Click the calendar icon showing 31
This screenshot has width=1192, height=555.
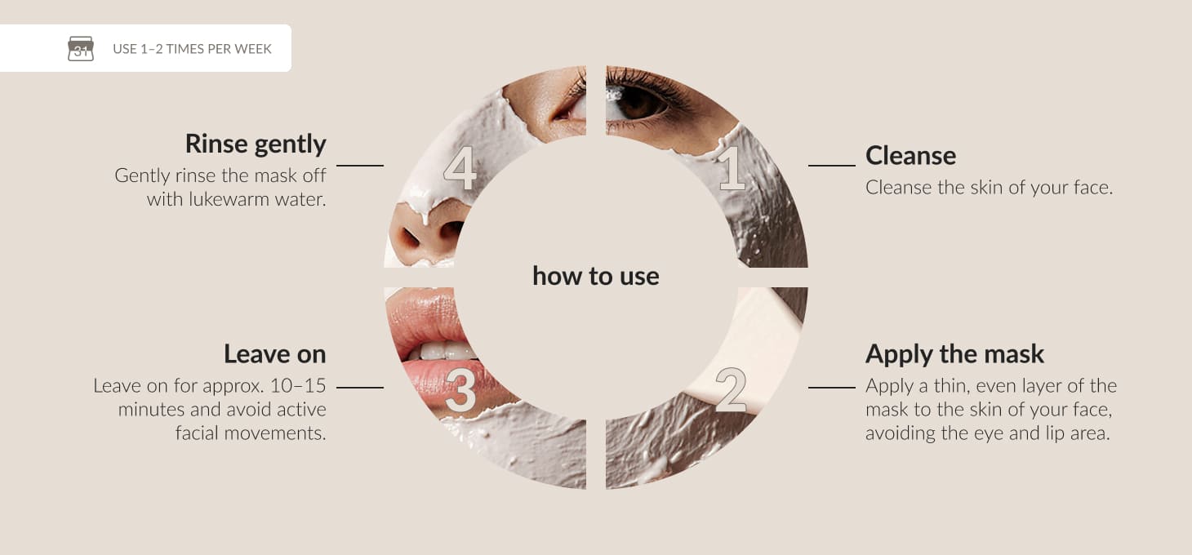click(81, 48)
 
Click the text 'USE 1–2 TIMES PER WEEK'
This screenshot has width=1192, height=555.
click(192, 49)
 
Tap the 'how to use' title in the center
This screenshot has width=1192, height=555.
click(596, 276)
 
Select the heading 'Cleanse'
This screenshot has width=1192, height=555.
click(910, 155)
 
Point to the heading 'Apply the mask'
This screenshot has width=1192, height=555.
click(954, 354)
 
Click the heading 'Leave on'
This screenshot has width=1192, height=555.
click(274, 354)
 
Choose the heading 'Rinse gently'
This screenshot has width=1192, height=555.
click(256, 144)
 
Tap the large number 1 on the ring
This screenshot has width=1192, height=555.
click(732, 168)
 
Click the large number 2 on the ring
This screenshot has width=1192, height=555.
click(732, 390)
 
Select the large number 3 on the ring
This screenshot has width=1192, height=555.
click(460, 390)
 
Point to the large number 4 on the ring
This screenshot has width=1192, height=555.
click(460, 168)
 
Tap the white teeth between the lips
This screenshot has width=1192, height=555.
click(442, 351)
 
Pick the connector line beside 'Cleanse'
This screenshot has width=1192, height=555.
click(832, 166)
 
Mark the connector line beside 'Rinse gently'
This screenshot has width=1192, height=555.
click(360, 166)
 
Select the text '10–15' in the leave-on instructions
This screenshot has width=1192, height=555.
click(298, 385)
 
